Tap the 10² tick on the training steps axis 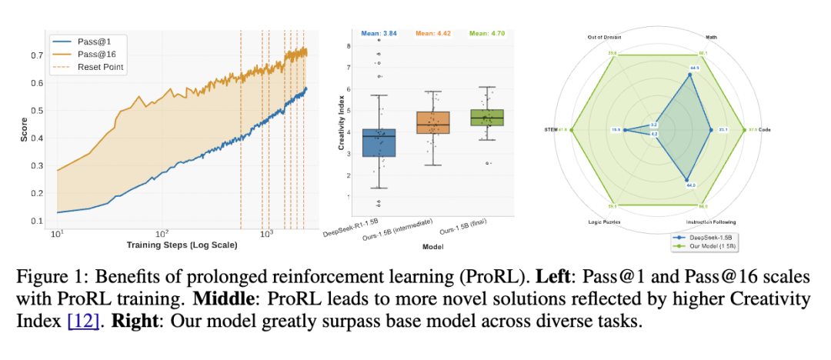(162, 233)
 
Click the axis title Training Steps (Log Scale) (182, 245)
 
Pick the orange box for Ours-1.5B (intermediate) (432, 122)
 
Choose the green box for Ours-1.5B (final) (488, 117)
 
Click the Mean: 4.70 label (487, 33)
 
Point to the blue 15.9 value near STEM (616, 130)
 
